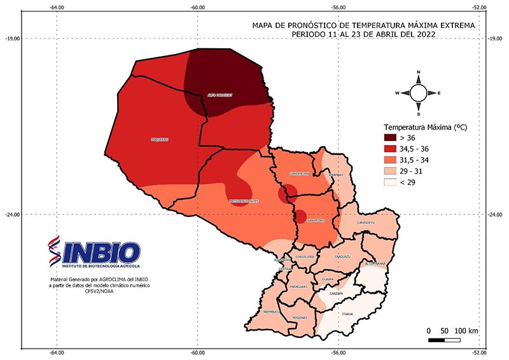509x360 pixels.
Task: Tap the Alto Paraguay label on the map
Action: tap(220, 95)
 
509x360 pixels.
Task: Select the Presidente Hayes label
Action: tap(244, 201)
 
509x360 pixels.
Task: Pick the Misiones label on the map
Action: tap(300, 317)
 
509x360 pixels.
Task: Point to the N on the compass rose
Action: tap(418, 73)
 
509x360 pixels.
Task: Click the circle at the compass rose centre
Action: tap(418, 93)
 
